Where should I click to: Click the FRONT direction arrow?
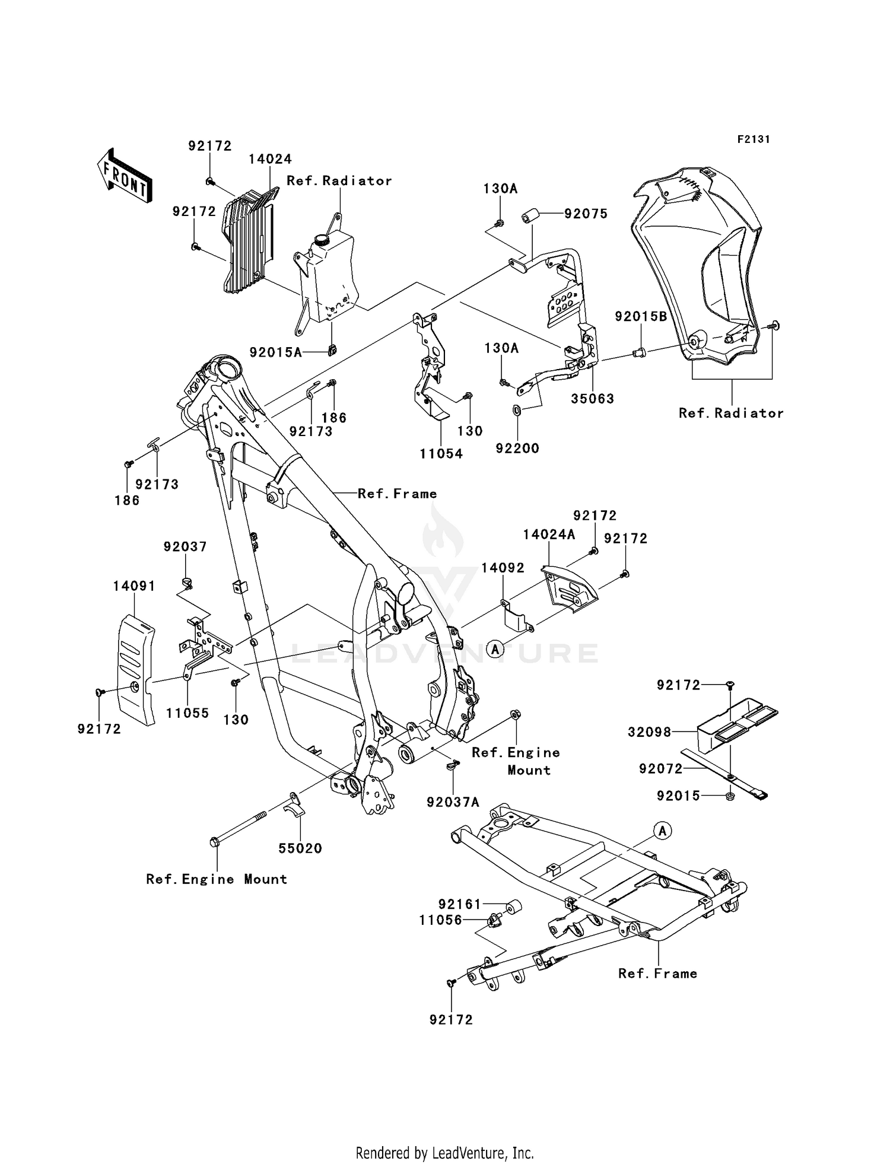pos(124,176)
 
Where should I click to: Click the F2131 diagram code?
pos(753,139)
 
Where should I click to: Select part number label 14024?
pos(270,159)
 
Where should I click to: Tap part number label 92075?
pos(586,214)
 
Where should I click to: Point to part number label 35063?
pos(592,399)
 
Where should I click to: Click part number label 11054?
pos(441,454)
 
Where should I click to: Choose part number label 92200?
pos(517,449)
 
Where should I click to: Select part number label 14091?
pos(134,586)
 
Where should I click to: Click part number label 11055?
pos(187,713)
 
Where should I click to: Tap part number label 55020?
pos(300,848)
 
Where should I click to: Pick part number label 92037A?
pos(453,802)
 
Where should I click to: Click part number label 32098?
pos(650,733)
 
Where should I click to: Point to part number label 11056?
pos(440,920)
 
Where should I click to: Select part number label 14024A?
pos(549,535)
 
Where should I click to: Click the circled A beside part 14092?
pos(495,649)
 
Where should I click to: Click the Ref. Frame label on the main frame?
pos(397,494)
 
